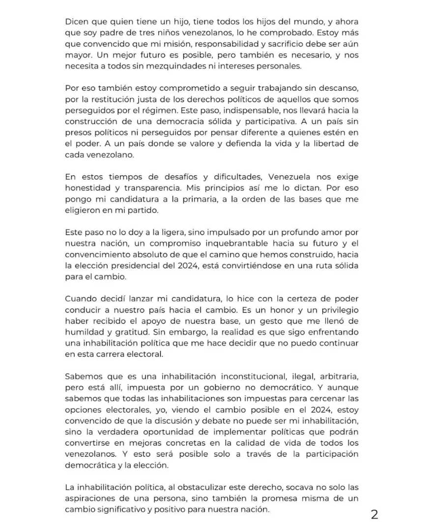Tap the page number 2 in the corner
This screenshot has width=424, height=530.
374,514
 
